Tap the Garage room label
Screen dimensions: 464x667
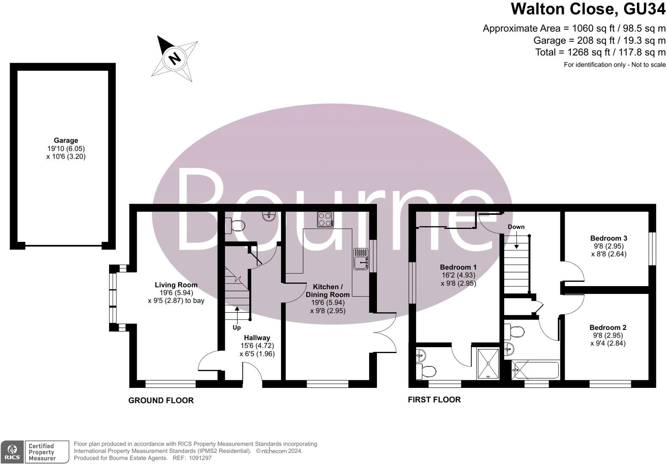[66, 140]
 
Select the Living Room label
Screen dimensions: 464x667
[176, 285]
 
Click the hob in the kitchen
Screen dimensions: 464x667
[325, 220]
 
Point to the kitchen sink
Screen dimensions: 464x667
[360, 259]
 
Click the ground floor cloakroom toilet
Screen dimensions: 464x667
[235, 226]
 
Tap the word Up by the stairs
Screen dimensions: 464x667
[236, 327]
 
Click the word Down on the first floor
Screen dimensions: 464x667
[516, 227]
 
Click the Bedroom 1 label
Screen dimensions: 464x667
[458, 267]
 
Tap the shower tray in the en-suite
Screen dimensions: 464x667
[488, 363]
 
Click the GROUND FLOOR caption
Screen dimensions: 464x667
[161, 400]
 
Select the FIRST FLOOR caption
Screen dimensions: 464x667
[434, 400]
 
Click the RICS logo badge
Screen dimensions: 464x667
[12, 452]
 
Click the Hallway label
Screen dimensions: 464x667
[257, 338]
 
